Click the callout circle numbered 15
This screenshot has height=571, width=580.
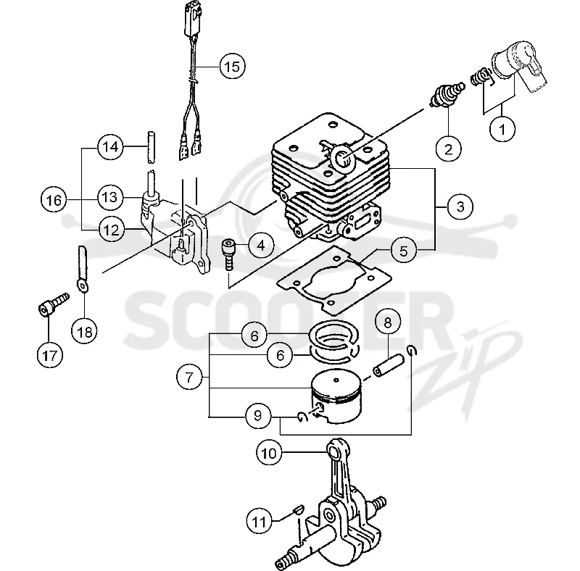click(232, 67)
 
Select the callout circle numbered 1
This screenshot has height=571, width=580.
click(502, 130)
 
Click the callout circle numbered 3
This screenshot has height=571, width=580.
click(460, 207)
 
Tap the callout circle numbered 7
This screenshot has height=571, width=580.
click(189, 378)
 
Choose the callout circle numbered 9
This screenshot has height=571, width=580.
click(258, 416)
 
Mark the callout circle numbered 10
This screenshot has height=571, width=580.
click(269, 452)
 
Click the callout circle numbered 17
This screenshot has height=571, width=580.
click(50, 355)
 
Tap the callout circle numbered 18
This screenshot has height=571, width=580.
click(84, 331)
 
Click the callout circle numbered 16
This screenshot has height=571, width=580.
click(54, 200)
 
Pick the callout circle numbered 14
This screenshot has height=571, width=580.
click(110, 147)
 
